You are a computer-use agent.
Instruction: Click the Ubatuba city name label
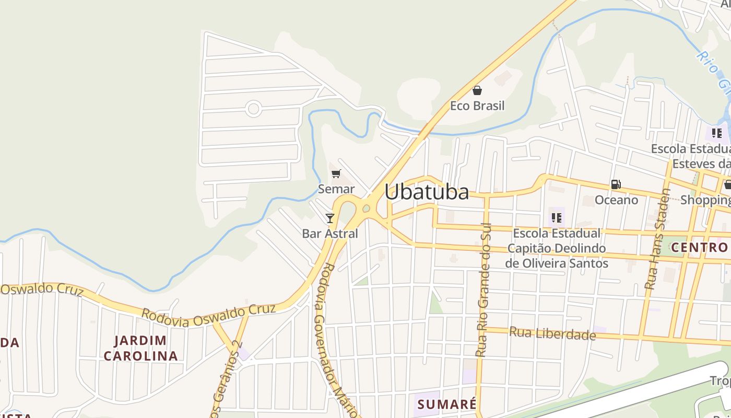427,192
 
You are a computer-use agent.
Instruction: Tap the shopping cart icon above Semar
336,173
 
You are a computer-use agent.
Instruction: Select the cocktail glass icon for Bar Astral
330,218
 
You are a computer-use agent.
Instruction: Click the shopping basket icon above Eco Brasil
477,90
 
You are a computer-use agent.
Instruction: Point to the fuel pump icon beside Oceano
616,184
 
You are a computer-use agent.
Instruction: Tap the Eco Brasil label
477,106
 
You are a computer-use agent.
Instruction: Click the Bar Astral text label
330,234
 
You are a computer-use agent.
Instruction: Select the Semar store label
336,189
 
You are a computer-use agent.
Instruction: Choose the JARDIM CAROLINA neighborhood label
141,349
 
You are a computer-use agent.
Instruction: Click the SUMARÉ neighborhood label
447,404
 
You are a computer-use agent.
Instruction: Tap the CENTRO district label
699,247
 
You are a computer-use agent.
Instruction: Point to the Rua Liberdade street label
552,333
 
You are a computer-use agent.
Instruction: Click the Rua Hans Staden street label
657,239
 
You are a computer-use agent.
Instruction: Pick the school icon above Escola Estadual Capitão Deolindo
556,217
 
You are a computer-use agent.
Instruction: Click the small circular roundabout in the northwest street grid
253,109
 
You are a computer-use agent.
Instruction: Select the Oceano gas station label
616,200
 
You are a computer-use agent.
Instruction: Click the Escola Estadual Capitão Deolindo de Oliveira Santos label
557,248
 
